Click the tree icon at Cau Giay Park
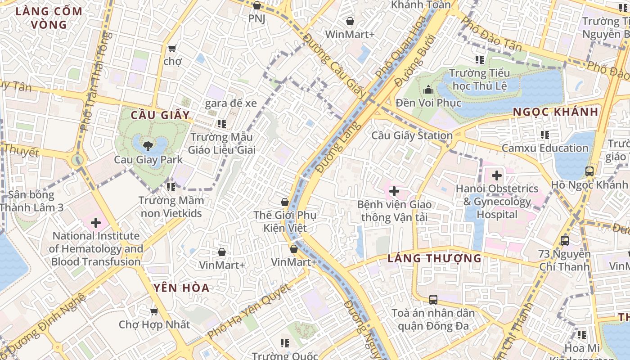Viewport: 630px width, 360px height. [x=147, y=146]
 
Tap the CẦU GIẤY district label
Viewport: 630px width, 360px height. [x=160, y=115]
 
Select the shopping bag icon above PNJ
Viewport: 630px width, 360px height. [x=256, y=5]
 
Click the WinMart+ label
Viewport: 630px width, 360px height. [x=350, y=35]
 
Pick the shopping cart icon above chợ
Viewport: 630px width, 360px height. [x=172, y=48]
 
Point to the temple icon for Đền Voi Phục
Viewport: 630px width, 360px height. [x=428, y=90]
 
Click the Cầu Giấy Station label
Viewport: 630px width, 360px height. [x=412, y=135]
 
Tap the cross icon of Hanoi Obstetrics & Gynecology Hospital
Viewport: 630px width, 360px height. [x=497, y=175]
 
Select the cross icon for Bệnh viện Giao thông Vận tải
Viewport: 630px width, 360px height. [x=394, y=191]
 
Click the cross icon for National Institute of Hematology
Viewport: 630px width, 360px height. [x=95, y=223]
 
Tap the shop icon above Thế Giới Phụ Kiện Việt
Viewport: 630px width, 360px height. [x=285, y=202]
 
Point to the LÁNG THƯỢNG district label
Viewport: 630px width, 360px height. [x=434, y=258]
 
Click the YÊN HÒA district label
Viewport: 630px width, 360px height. [x=181, y=288]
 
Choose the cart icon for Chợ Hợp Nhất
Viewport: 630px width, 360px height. [x=154, y=311]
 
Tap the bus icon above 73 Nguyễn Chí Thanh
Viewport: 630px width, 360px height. [x=565, y=241]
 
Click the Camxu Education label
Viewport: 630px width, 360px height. [x=545, y=148]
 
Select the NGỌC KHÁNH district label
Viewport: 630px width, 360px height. [x=556, y=112]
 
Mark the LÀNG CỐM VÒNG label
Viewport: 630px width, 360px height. [x=49, y=18]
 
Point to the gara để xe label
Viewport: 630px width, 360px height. [x=231, y=103]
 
